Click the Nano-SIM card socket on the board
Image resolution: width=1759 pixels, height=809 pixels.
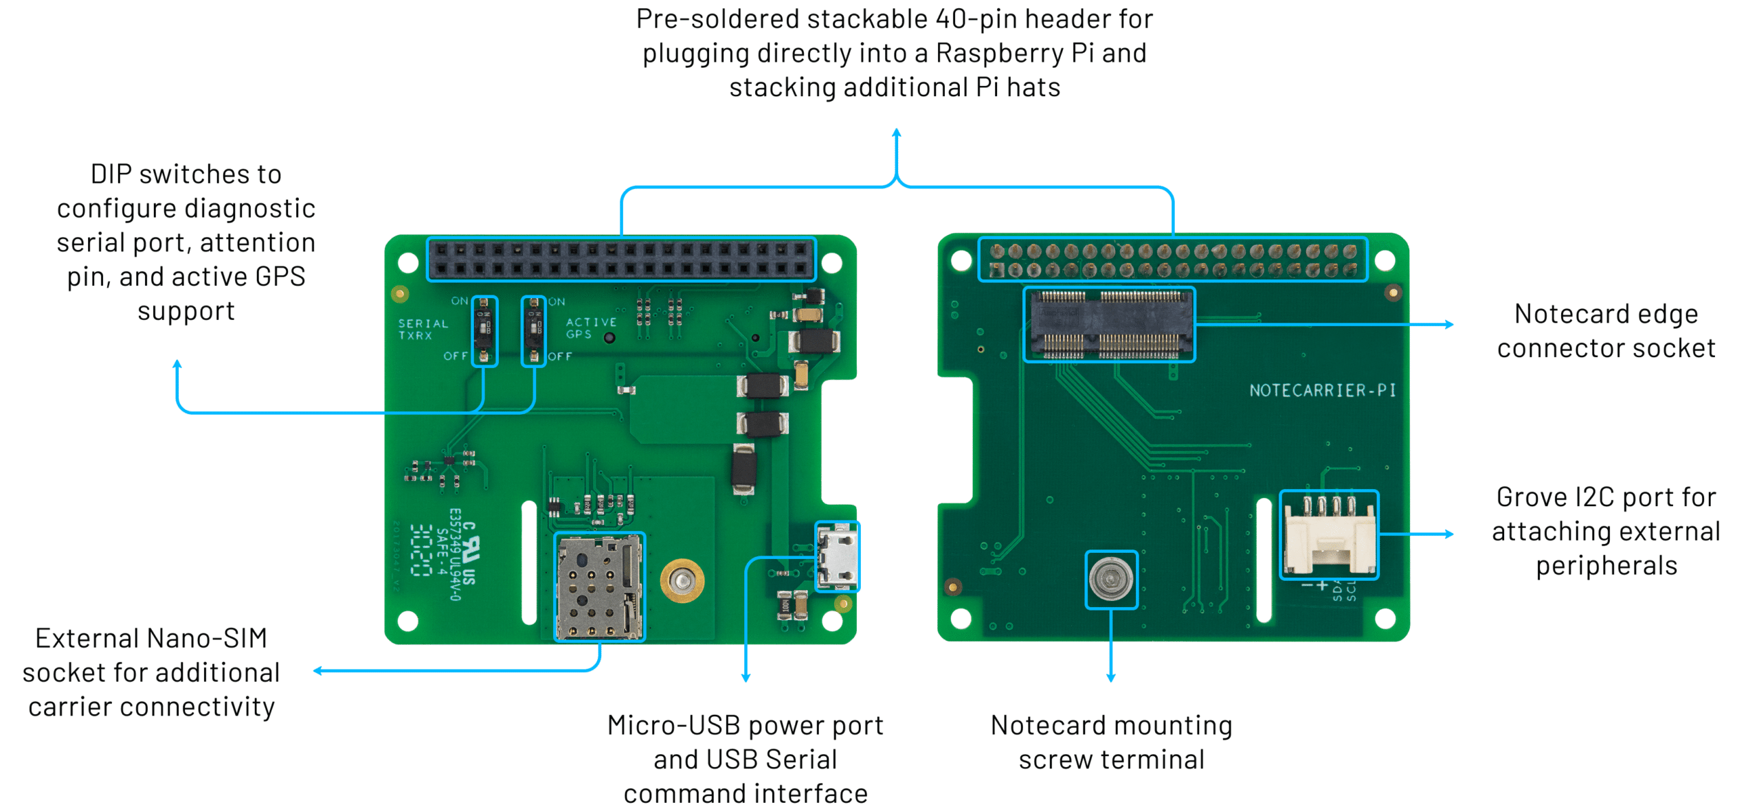pos(598,587)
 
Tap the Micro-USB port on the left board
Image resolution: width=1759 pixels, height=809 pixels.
pos(836,556)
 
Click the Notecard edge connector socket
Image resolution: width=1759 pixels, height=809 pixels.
pos(1108,324)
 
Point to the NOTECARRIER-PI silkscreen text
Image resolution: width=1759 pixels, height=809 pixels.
pos(1322,391)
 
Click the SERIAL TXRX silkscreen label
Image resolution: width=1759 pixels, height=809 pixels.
pos(422,329)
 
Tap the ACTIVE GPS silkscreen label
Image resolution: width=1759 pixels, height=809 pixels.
pos(590,328)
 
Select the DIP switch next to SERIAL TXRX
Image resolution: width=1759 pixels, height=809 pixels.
pos(484,331)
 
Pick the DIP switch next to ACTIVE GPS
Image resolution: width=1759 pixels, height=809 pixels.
pos(533,331)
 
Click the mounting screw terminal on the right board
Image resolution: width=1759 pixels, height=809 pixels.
pos(1110,580)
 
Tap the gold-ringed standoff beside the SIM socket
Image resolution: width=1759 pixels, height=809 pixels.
pos(682,581)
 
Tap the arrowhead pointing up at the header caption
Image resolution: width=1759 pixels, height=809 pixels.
pos(896,133)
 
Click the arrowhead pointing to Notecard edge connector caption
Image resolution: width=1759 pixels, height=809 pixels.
pos(1450,324)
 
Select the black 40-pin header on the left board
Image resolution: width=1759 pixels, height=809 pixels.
pos(621,259)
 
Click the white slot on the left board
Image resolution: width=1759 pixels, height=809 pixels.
pos(528,563)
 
